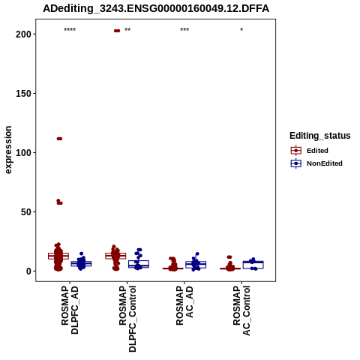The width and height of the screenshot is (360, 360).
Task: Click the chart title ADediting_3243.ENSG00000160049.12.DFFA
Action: pos(156,8)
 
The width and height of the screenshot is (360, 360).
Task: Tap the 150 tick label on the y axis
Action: pos(24,94)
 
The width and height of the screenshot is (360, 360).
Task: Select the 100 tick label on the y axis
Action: pos(24,152)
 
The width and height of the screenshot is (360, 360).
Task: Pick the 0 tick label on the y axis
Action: pos(29,271)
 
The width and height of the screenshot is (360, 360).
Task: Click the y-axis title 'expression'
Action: pos(8,150)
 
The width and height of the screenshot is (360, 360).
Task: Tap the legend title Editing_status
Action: pos(320,136)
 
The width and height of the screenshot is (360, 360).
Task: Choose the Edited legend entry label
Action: pos(317,151)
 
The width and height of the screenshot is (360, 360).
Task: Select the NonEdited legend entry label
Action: pos(325,163)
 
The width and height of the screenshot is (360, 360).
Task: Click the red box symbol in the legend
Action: pos(296,151)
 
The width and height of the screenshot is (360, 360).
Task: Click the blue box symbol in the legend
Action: pos(296,163)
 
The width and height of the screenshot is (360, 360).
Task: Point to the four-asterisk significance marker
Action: pos(70,30)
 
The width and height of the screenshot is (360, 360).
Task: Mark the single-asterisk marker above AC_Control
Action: pos(241,30)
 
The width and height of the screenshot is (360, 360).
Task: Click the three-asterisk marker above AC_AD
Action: pos(184,30)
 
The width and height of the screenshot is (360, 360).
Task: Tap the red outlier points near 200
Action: pos(117,31)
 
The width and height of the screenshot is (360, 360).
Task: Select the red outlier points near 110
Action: pos(59,139)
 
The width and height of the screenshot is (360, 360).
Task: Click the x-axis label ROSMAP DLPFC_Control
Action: pos(127,319)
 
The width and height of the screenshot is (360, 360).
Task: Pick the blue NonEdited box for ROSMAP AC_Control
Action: pos(253,265)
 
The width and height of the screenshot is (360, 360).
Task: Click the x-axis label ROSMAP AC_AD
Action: pos(184,305)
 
